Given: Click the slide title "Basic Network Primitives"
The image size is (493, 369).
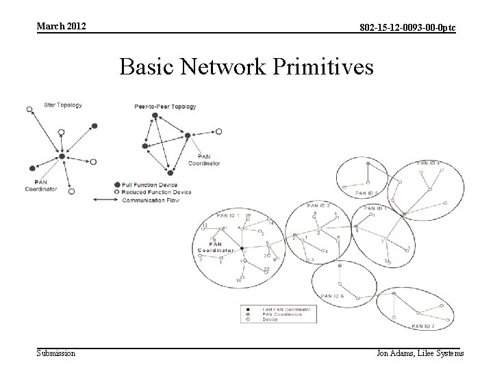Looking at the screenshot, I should pos(246,68).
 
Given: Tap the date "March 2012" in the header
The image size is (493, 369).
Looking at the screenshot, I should pos(62,26).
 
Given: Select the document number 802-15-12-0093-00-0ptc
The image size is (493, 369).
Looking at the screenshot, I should pos(408,27).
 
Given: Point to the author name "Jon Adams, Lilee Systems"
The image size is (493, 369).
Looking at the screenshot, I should pos(420,353).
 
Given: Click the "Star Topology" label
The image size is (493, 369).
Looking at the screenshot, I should pos(63,105).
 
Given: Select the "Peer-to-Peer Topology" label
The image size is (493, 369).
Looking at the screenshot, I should pos(165,107).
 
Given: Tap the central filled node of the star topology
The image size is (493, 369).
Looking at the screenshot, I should pos(62,156).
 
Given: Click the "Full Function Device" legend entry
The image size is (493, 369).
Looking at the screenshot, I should pos(149,185).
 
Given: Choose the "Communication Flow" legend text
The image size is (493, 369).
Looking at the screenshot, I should pos(150,200).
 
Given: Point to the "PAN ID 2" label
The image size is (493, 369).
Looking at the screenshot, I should pos(318,205).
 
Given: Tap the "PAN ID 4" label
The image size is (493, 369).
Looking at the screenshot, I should pos(428,163).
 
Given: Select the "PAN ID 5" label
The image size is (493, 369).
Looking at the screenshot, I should pos(367,193).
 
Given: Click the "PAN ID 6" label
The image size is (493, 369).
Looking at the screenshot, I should pos(333,295).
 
